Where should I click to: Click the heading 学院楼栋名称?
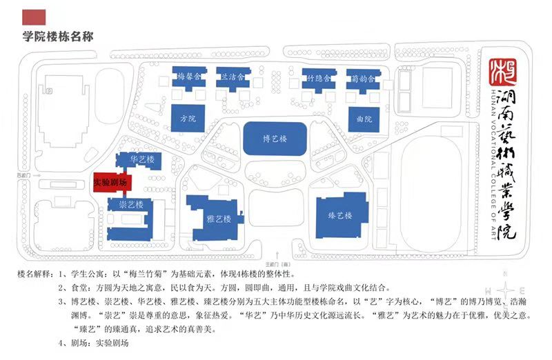click(58, 36)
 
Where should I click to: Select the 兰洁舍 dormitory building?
click(231, 77)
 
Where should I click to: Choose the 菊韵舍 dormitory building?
click(362, 79)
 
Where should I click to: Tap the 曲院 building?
click(364, 119)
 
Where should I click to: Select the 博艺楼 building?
click(275, 138)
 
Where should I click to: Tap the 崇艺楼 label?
click(131, 205)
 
